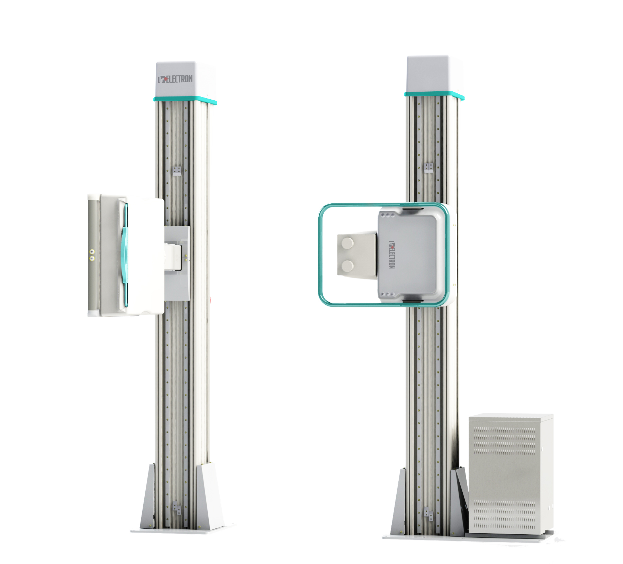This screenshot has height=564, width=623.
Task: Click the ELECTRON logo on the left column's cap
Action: pos(175,79)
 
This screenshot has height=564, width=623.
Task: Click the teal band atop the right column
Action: pos(434,95)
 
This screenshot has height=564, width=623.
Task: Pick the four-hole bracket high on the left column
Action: pos(177,171)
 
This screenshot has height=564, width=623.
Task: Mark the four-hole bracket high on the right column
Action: pos(429,168)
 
